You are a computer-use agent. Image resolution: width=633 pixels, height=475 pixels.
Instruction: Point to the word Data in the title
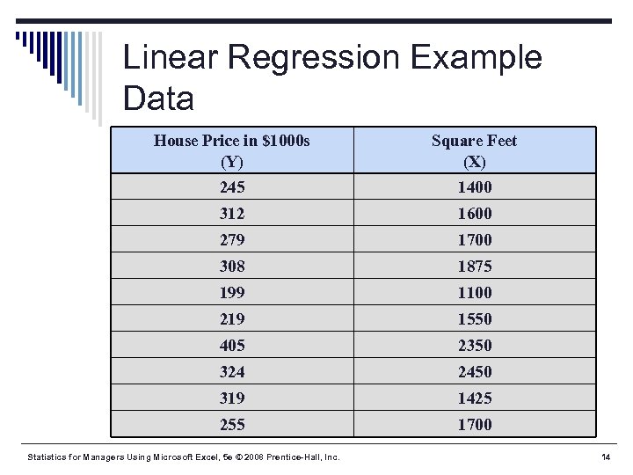coord(158,98)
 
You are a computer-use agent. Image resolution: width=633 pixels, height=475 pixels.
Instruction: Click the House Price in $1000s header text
coord(232,140)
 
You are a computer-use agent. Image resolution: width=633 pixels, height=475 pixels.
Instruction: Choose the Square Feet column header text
coord(475,140)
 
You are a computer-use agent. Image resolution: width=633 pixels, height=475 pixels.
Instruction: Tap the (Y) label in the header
coord(232,162)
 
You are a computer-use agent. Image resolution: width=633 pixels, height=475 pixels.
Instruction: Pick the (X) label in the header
coord(475,162)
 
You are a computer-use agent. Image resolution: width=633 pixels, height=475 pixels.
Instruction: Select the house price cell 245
coord(232,186)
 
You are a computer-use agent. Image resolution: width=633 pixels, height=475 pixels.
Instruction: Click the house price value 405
coord(232,345)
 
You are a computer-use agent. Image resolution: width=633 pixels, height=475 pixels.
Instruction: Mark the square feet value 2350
coord(475,345)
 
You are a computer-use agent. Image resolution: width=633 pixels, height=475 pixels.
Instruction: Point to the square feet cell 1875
coord(475,266)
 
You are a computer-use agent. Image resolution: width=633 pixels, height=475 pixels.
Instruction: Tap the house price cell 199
coord(232,292)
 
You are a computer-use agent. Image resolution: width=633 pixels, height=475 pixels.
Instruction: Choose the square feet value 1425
coord(475,398)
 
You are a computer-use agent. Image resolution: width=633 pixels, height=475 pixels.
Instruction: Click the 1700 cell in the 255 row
coord(475,424)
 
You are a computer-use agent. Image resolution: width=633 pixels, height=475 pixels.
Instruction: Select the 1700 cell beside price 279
coord(475,239)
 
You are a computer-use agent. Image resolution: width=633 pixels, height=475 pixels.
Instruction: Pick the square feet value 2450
coord(475,371)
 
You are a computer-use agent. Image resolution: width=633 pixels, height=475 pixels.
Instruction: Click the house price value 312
coord(232,213)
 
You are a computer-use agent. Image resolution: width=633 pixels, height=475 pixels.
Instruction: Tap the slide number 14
coord(605,457)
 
